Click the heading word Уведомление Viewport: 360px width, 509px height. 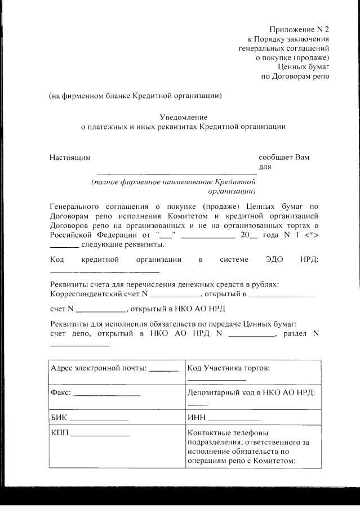183,117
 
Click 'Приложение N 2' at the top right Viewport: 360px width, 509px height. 299,29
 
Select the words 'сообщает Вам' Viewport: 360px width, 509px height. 284,157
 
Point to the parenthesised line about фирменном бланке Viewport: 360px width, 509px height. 135,95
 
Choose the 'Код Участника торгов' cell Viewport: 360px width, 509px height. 229,368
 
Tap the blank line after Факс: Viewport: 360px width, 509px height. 106,394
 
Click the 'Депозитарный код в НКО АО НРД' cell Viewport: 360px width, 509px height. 251,392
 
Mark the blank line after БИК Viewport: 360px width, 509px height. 99,420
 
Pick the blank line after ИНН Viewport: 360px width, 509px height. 235,420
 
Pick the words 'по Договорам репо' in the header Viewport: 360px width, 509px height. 295,76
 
